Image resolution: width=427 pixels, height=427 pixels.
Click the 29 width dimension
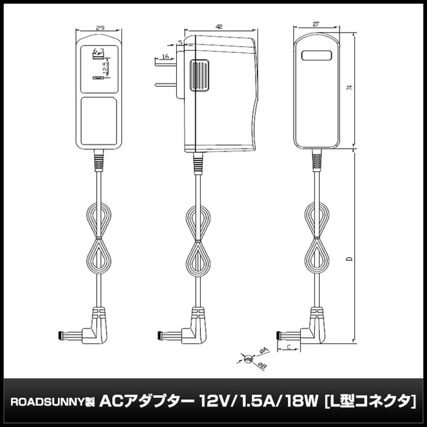(99, 28)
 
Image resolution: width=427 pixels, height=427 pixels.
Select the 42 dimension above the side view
(219, 26)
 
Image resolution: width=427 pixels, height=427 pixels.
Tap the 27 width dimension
(316, 24)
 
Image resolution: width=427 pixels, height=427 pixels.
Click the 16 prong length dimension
(165, 57)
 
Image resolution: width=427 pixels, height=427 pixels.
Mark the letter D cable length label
(349, 259)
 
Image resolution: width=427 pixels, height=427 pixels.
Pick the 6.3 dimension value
(98, 51)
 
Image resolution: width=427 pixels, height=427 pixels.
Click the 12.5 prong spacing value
(105, 68)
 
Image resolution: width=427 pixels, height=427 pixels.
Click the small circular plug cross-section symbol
(248, 359)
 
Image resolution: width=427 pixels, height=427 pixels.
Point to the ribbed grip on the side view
(199, 76)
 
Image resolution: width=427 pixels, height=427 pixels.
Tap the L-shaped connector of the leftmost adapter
(92, 329)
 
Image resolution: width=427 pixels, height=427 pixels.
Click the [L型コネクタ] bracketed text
(369, 401)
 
